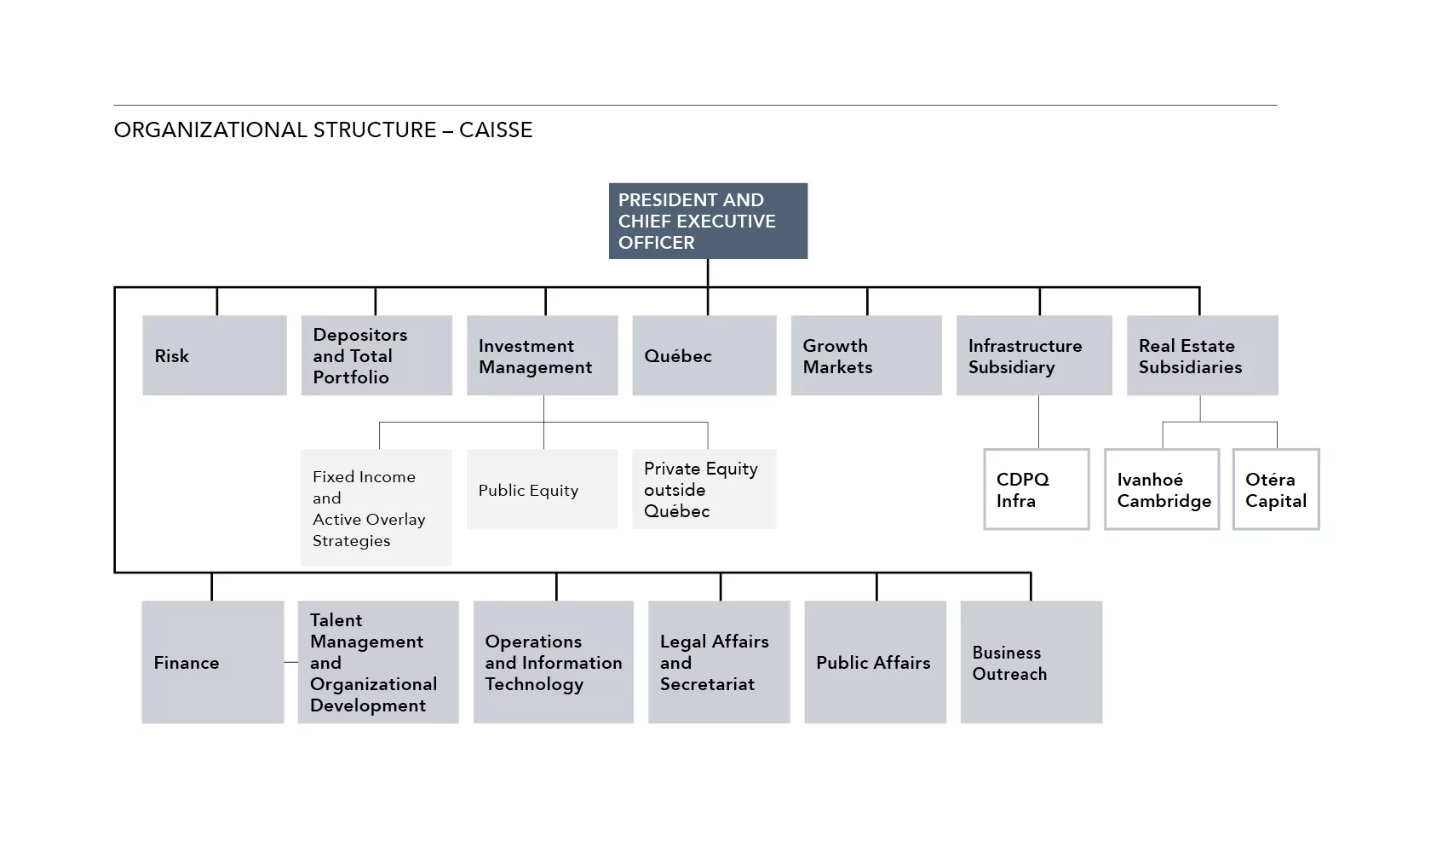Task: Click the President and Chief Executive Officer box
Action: click(x=708, y=221)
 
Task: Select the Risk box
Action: click(x=214, y=355)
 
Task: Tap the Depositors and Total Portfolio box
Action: click(x=376, y=355)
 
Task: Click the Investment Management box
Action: click(x=542, y=355)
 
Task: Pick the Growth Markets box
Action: click(x=866, y=355)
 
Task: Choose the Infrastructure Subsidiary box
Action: click(x=1034, y=355)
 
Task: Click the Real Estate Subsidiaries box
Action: click(x=1202, y=355)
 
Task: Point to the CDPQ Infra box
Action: click(x=1037, y=489)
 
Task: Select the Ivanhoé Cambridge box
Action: click(x=1162, y=489)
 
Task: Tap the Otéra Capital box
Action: click(x=1276, y=489)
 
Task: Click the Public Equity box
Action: click(x=542, y=489)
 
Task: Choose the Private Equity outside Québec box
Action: click(x=704, y=489)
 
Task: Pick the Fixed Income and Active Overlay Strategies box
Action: click(x=376, y=508)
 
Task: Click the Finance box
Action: click(x=212, y=662)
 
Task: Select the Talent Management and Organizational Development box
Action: click(x=377, y=662)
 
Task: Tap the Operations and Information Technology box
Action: click(x=553, y=662)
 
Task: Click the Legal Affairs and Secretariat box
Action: click(x=719, y=662)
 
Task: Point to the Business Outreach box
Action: click(x=1031, y=662)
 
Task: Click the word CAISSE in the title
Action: click(x=496, y=130)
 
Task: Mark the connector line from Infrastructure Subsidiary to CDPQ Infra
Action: click(x=1038, y=422)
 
